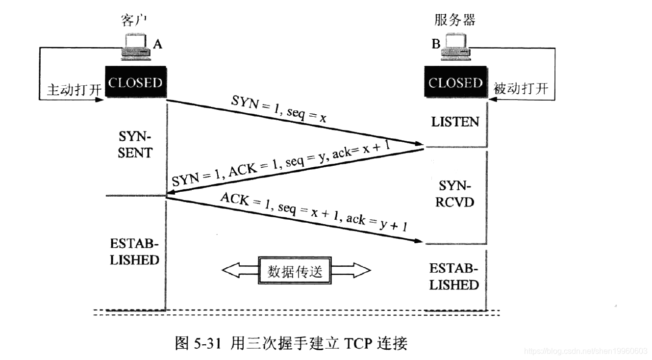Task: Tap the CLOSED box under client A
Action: click(135, 82)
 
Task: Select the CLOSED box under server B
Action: click(455, 83)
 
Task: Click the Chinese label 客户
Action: click(134, 20)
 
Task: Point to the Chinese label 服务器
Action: click(455, 20)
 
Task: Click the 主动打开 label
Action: click(74, 90)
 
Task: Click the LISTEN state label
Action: click(455, 122)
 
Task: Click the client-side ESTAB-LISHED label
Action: click(134, 252)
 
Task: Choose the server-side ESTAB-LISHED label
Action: click(454, 277)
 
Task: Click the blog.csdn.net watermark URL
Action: click(585, 351)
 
